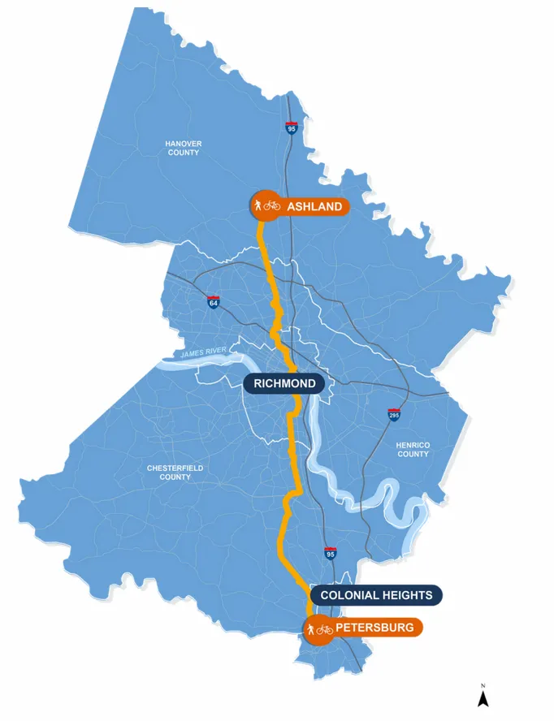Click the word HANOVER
click(x=183, y=144)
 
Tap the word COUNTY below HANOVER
click(x=183, y=153)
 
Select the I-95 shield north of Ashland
click(x=292, y=128)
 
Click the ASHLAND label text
click(x=314, y=207)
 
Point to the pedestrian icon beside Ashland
click(x=258, y=206)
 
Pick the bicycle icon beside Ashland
click(x=272, y=206)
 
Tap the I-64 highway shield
click(x=214, y=302)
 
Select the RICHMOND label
click(x=284, y=384)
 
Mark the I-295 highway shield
click(x=394, y=416)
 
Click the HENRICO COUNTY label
click(x=413, y=449)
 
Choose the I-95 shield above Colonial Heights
click(x=331, y=554)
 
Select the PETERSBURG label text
click(x=374, y=628)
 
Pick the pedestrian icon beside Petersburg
click(x=310, y=629)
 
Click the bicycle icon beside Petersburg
click(x=325, y=629)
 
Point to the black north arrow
click(x=483, y=697)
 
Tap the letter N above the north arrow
click(x=483, y=684)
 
